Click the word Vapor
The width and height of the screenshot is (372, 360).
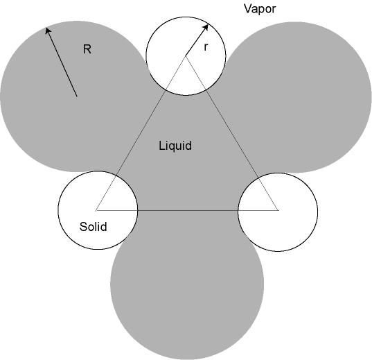pyautogui.click(x=260, y=9)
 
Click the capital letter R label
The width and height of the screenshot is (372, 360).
pyautogui.click(x=87, y=49)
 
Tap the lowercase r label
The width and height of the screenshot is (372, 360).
pyautogui.click(x=206, y=47)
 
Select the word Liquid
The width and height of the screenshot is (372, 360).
pyautogui.click(x=175, y=146)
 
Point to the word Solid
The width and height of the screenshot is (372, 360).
pyautogui.click(x=94, y=226)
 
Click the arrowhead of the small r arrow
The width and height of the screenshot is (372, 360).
pyautogui.click(x=206, y=27)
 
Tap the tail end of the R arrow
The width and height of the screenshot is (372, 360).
pyautogui.click(x=77, y=96)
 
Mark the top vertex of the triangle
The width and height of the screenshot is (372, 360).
pyautogui.click(x=186, y=56)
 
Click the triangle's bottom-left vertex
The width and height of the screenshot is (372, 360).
pyautogui.click(x=96, y=210)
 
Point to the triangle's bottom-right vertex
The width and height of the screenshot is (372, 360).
pyautogui.click(x=278, y=210)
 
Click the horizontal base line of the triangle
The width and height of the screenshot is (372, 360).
pyautogui.click(x=187, y=210)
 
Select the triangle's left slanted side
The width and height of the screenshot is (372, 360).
pyautogui.click(x=141, y=133)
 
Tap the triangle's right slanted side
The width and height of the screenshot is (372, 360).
pyautogui.click(x=232, y=133)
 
